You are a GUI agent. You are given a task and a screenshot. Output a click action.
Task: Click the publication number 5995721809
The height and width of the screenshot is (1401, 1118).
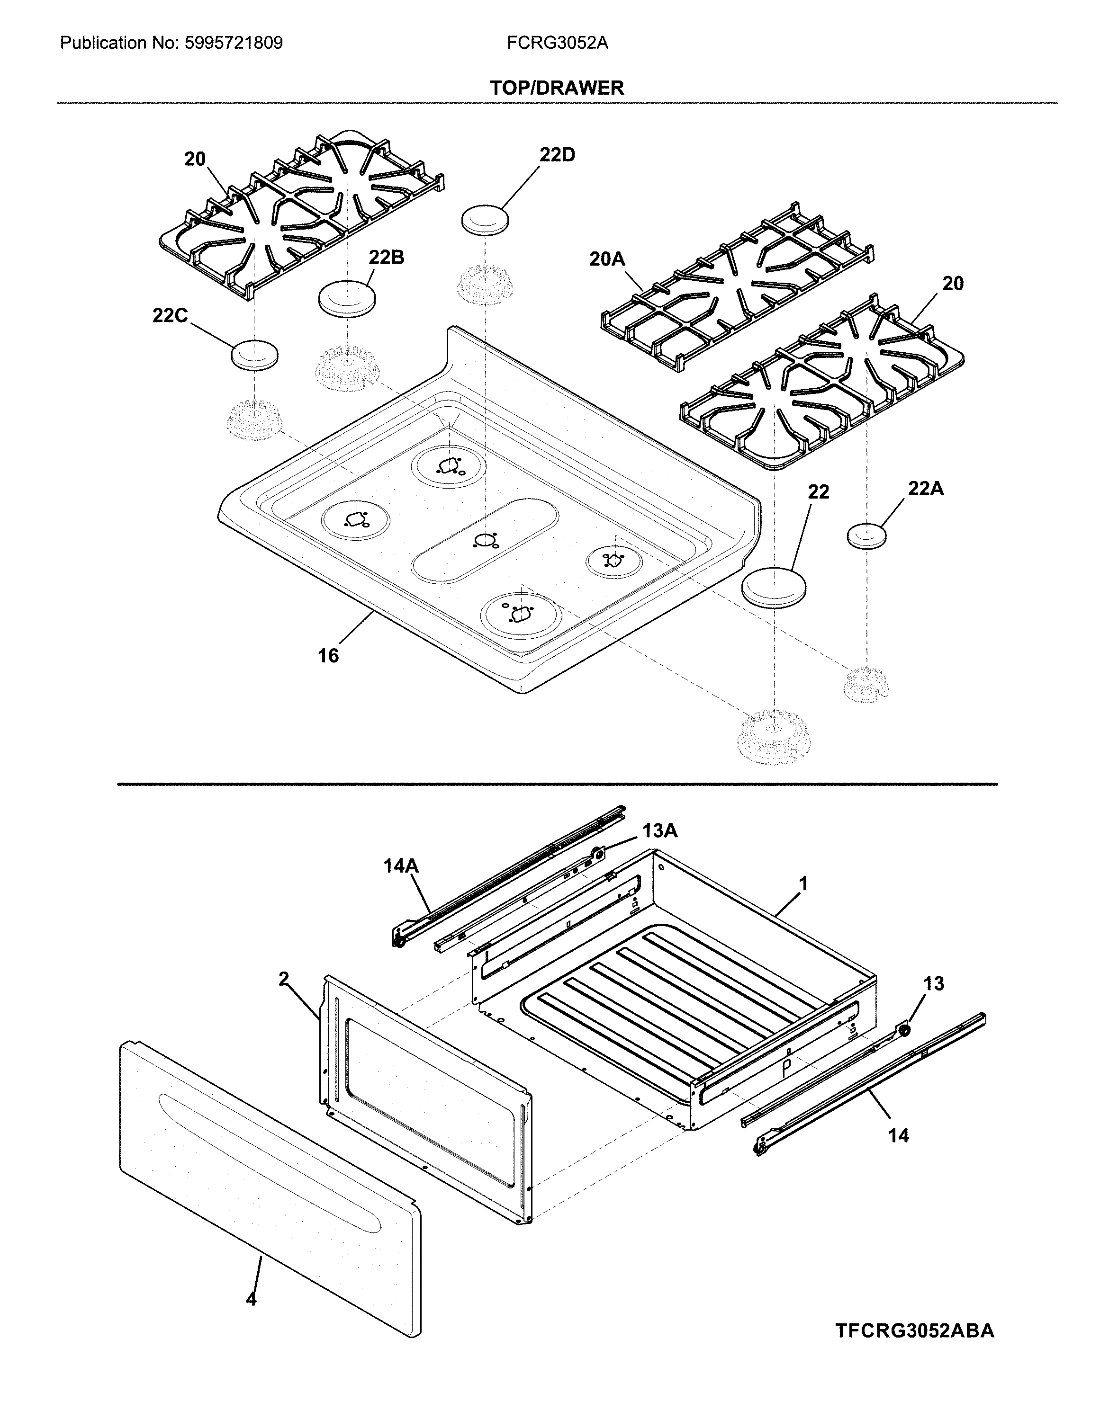tap(234, 44)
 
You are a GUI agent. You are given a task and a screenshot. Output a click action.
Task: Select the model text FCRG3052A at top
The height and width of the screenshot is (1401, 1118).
tap(557, 44)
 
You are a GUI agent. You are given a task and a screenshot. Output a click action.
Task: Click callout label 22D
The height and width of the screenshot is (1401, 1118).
tap(557, 155)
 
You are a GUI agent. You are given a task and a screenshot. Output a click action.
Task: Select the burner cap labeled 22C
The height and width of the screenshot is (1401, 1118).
tap(254, 354)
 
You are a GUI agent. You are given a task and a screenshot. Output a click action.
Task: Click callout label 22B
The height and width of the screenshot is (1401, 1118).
tap(386, 258)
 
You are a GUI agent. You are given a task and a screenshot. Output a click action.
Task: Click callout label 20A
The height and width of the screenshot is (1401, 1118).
tap(607, 259)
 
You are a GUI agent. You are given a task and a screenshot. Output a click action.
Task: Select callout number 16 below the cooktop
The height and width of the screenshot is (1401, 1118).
tap(328, 656)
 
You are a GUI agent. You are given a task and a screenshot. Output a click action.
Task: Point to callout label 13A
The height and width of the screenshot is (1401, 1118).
tap(660, 830)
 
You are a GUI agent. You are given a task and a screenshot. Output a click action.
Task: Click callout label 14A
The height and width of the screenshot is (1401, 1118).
tap(401, 866)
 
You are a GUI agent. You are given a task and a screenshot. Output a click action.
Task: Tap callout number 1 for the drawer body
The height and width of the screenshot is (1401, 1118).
tap(803, 884)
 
